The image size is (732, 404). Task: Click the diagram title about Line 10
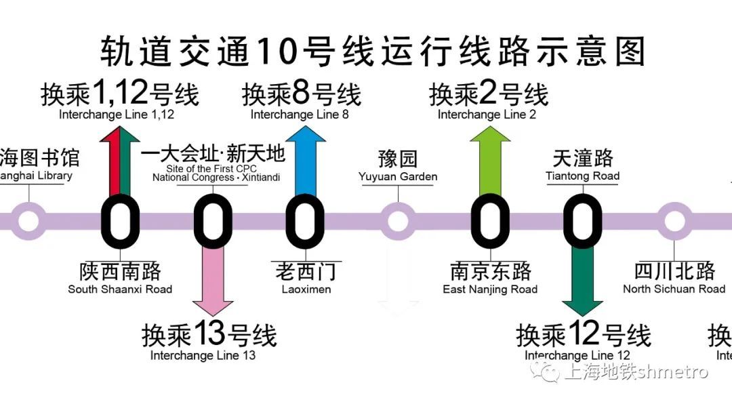pos(372,50)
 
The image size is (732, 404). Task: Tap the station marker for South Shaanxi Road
pos(120,221)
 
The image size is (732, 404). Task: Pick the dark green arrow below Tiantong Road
pos(582,281)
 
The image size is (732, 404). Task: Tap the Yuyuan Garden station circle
pos(398,221)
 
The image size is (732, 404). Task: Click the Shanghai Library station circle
pos(28,221)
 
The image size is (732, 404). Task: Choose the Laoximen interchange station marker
pos(305,221)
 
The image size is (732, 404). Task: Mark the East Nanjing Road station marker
pos(490,221)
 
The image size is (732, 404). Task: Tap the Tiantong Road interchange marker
pos(582,221)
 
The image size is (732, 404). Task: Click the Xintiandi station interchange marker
pos(213,221)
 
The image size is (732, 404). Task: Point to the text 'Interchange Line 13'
pos(203,355)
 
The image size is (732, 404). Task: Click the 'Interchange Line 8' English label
pos(300,115)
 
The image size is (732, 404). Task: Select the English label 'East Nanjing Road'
pos(490,289)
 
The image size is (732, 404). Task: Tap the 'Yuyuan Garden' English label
pos(398,177)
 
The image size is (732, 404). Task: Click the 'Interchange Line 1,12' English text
pos(117,115)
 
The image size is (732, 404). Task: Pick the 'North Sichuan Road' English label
pos(674,289)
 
